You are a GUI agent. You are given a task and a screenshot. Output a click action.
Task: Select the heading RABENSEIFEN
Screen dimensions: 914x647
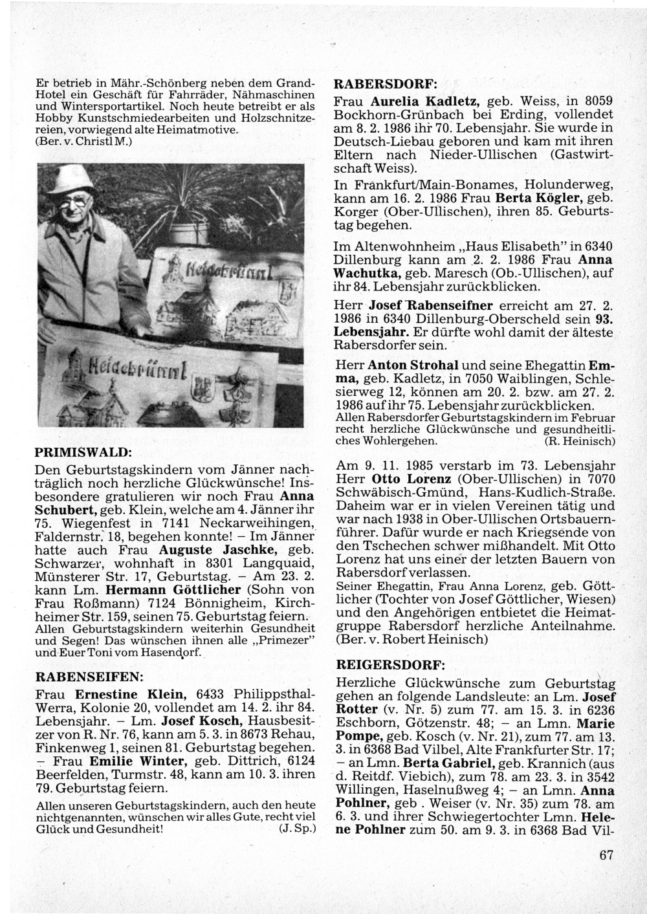(x=89, y=677)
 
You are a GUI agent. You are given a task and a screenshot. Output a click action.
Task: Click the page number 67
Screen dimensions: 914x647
(x=606, y=855)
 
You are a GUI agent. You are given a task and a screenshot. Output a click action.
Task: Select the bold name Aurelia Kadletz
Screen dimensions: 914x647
(x=424, y=103)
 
